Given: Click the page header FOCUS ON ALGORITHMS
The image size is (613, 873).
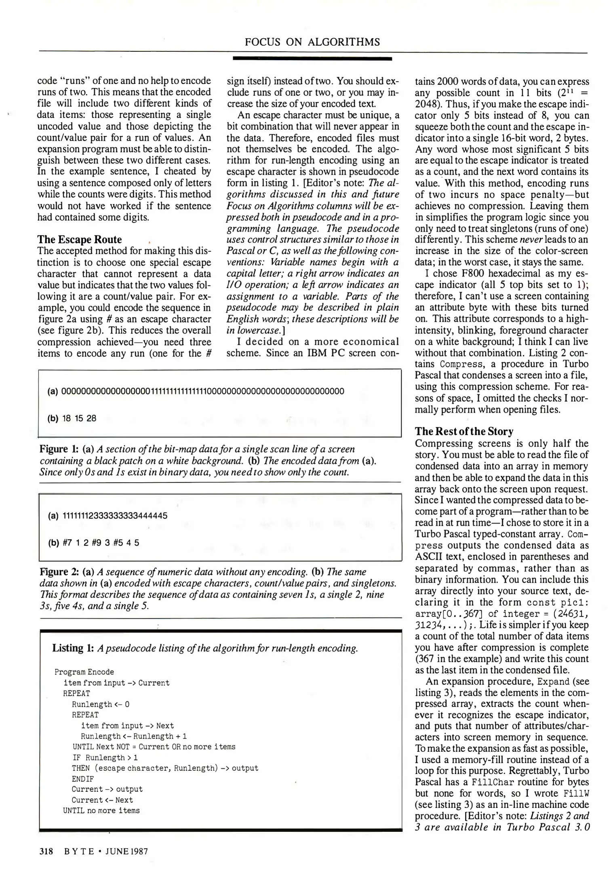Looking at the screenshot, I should coord(312,42).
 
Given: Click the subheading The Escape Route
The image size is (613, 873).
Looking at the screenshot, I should coord(80,240).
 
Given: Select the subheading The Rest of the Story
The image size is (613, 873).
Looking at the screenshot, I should coord(464,431).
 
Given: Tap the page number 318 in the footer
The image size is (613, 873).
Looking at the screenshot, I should coord(46,852).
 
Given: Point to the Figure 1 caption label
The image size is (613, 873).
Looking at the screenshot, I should coord(59,449).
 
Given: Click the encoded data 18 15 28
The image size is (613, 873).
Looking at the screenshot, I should coord(79,418).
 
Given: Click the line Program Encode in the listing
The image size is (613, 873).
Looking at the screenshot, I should coord(84,672).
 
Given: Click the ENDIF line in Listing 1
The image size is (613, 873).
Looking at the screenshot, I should coord(83,779).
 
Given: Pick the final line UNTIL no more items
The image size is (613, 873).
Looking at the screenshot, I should coord(101,811).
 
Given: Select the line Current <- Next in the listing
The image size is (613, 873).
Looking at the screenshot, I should coord(102,800).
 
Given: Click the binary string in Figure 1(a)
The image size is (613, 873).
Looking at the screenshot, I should coord(202,391).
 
